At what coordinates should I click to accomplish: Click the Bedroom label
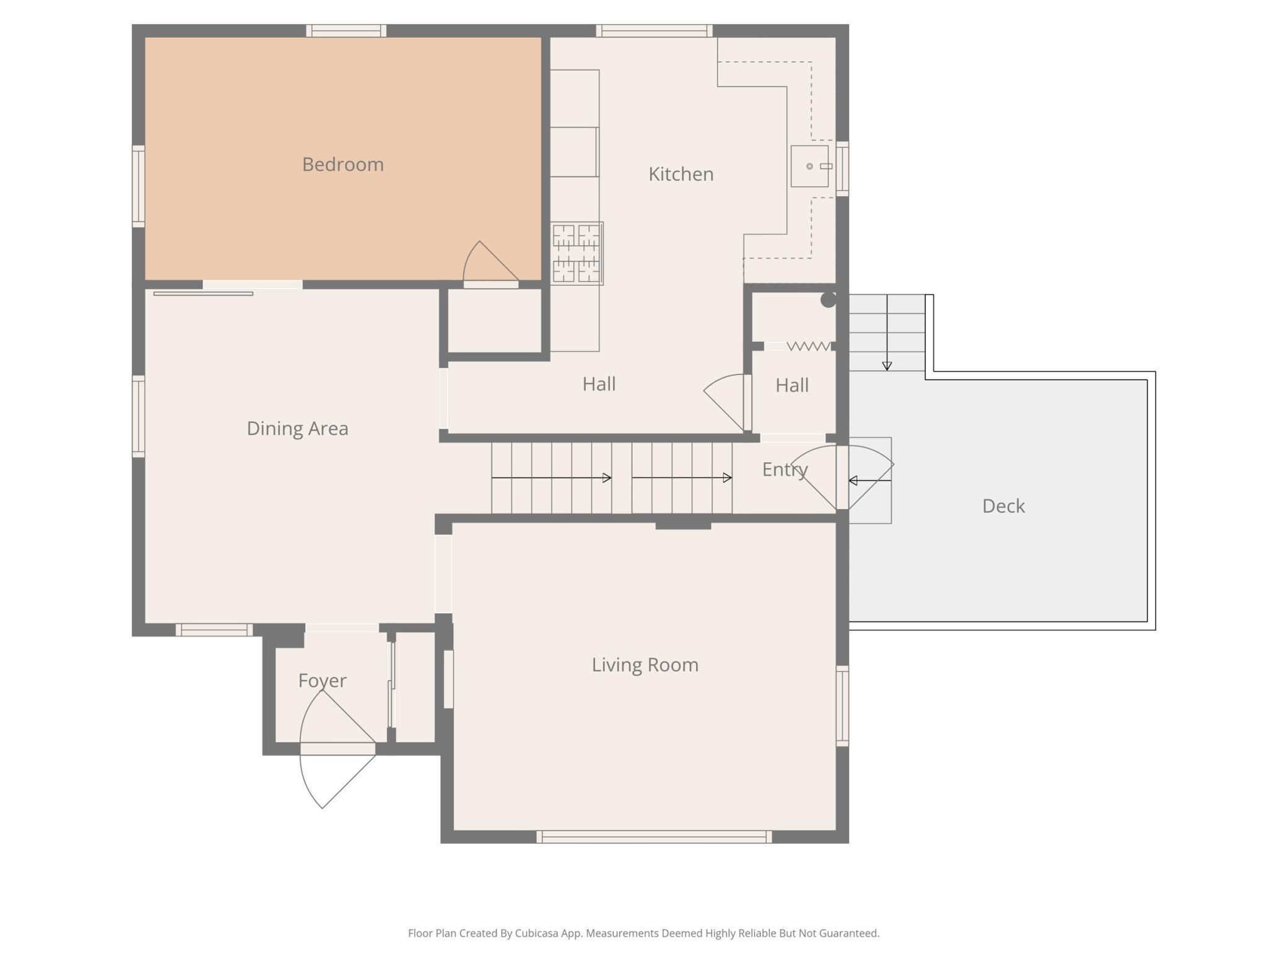[343, 164]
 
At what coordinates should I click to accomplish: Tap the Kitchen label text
[681, 174]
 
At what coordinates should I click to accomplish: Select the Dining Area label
[297, 428]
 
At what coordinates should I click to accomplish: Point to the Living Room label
[645, 664]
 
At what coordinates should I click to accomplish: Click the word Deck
[1003, 506]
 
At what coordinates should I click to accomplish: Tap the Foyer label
[322, 681]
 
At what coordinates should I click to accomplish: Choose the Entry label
[785, 469]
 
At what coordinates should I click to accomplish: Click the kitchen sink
[810, 166]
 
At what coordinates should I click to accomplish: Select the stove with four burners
[577, 253]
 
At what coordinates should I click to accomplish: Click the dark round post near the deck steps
[828, 300]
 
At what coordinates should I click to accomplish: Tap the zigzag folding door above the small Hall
[809, 346]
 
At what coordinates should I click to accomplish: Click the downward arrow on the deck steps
[887, 333]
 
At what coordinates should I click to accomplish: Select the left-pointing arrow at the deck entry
[870, 481]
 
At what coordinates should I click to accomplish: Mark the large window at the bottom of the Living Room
[654, 837]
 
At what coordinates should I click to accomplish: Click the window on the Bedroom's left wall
[138, 186]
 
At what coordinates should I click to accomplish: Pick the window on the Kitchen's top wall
[654, 30]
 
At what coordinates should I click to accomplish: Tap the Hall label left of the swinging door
[599, 384]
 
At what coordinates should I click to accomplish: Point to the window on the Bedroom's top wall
[346, 30]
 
